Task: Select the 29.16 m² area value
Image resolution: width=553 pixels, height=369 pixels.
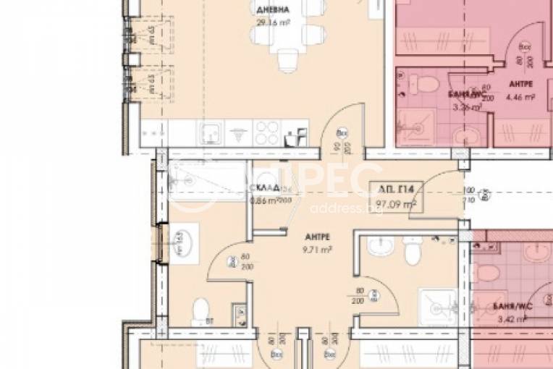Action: [x=270, y=22]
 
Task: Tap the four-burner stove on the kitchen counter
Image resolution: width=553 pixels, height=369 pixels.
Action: [x=266, y=133]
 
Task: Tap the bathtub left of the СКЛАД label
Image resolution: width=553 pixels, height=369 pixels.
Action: [x=206, y=174]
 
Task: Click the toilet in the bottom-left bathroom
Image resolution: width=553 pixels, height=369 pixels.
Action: [x=200, y=311]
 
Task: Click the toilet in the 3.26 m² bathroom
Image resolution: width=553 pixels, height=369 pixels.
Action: [x=417, y=85]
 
